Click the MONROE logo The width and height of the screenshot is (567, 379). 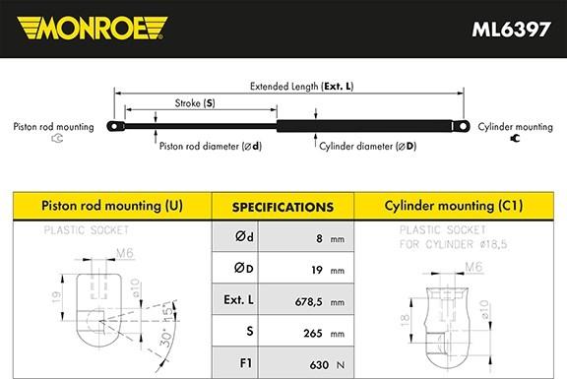coord(90,27)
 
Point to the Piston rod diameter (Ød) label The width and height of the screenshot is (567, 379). coord(209,146)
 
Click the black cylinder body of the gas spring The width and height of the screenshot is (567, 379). coord(364,125)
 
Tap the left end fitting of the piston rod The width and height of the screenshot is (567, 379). coord(116,126)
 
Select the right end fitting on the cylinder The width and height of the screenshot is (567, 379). coord(459,125)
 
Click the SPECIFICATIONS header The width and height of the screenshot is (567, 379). coord(282,208)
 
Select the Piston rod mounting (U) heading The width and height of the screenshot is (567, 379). coord(109,207)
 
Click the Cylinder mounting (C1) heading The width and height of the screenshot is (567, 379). coord(454,207)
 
